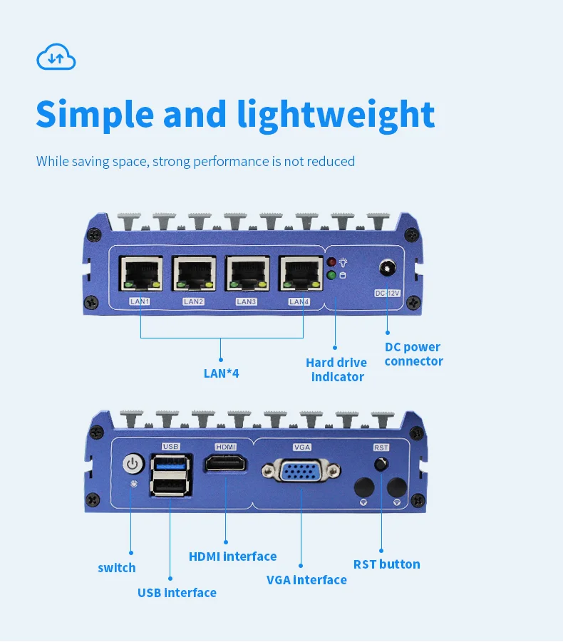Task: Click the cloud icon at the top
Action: point(56,57)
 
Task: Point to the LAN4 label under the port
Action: point(299,301)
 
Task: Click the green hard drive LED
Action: point(331,275)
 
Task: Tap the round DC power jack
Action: point(388,268)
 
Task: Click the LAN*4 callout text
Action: point(221,372)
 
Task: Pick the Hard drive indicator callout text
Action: point(336,370)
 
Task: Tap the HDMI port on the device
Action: point(225,465)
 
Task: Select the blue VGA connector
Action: point(301,471)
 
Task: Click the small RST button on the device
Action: point(381,465)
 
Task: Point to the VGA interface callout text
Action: point(306,579)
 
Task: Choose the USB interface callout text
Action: point(177,592)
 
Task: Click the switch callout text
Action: point(117,568)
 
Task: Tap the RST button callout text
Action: point(386,564)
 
